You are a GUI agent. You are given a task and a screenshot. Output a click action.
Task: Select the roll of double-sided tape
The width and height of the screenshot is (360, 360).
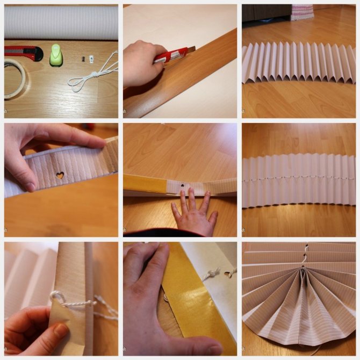(15, 78)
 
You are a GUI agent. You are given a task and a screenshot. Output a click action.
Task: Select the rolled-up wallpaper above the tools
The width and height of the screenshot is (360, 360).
(61, 22)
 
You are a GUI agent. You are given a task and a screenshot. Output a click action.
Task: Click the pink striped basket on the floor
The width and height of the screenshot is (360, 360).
(302, 12)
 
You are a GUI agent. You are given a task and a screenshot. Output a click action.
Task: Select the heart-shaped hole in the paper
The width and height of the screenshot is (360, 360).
(61, 175)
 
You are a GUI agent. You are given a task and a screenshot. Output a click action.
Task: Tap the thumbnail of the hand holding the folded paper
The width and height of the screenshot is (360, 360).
(59, 329)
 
